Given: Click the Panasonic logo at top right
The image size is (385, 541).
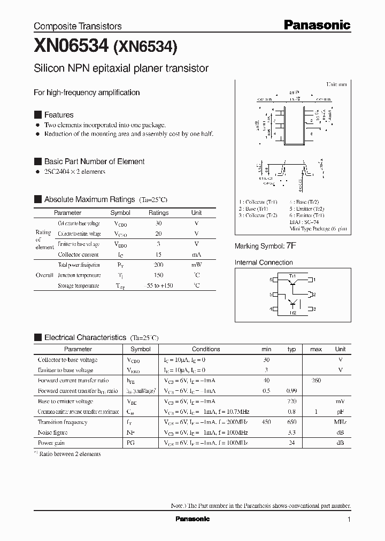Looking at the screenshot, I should [x=317, y=25].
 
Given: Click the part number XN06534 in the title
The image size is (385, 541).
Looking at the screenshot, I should [x=71, y=47].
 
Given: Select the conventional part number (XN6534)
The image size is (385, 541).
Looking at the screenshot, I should [x=145, y=47].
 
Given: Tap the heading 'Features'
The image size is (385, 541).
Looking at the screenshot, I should [x=59, y=115].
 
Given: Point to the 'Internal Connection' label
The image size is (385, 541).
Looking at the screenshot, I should [x=264, y=262].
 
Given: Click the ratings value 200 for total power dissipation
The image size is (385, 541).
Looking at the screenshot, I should [x=158, y=265].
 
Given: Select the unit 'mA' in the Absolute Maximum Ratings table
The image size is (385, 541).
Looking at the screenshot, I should [x=196, y=255].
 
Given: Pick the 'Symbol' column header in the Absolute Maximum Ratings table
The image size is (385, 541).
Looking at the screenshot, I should [x=120, y=213].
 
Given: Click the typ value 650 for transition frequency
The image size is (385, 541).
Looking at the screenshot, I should [x=291, y=422].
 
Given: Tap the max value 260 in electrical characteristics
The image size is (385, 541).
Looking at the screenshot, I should [x=316, y=381].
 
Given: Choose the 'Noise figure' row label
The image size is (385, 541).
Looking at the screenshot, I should [x=52, y=432].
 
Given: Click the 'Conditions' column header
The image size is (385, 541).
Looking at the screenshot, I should [x=206, y=349].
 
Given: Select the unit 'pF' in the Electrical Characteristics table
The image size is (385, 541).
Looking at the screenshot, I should [x=340, y=412].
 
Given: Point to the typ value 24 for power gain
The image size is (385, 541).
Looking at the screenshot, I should [x=291, y=443].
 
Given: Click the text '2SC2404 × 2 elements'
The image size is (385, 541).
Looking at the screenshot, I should [x=74, y=172].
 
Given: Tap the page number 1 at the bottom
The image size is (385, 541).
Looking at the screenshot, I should [x=349, y=520].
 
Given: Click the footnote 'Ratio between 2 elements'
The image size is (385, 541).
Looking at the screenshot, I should [x=71, y=454].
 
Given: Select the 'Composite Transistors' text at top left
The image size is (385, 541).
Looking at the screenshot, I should [x=78, y=26].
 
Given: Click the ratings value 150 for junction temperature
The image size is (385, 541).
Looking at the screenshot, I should [x=158, y=275].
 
